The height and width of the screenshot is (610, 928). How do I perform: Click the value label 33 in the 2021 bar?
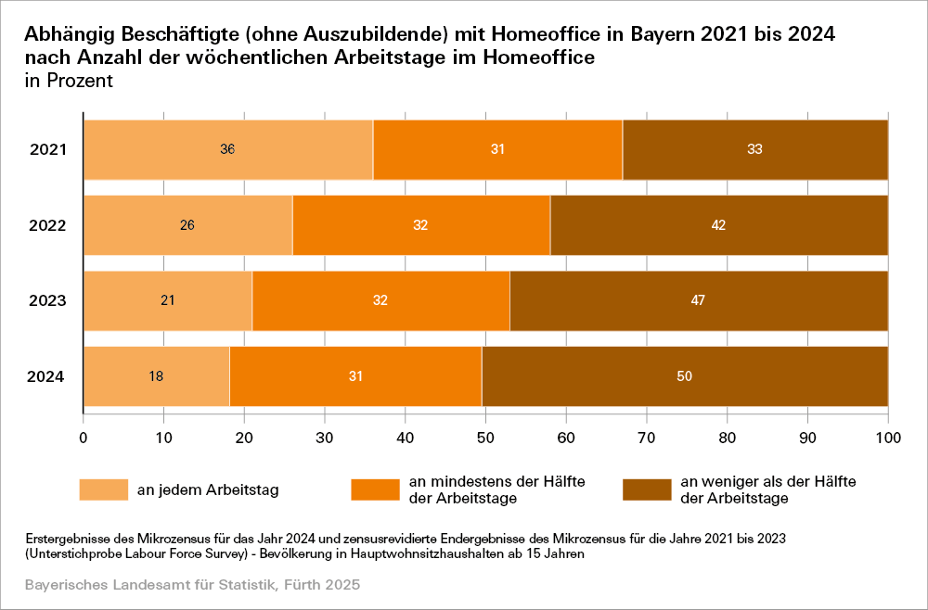[754, 149]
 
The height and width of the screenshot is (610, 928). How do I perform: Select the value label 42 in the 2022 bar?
[718, 225]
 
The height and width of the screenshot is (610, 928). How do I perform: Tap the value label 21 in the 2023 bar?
[168, 300]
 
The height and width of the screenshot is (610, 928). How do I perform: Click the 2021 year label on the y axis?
[45, 149]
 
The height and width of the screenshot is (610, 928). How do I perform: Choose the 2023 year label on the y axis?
[45, 300]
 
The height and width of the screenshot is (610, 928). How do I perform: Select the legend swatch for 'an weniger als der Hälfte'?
[645, 489]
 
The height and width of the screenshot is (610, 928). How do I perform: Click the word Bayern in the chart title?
[668, 35]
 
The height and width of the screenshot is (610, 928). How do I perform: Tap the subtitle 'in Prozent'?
[69, 81]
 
